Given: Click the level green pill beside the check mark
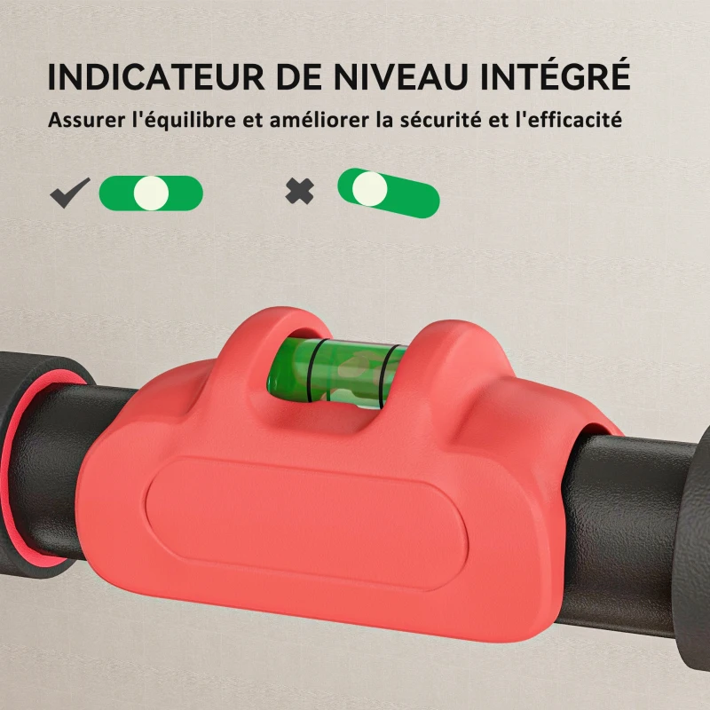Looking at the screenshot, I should click(151, 193).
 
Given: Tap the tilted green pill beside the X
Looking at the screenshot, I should click(389, 193).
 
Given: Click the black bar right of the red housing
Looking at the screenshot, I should click(639, 524).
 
